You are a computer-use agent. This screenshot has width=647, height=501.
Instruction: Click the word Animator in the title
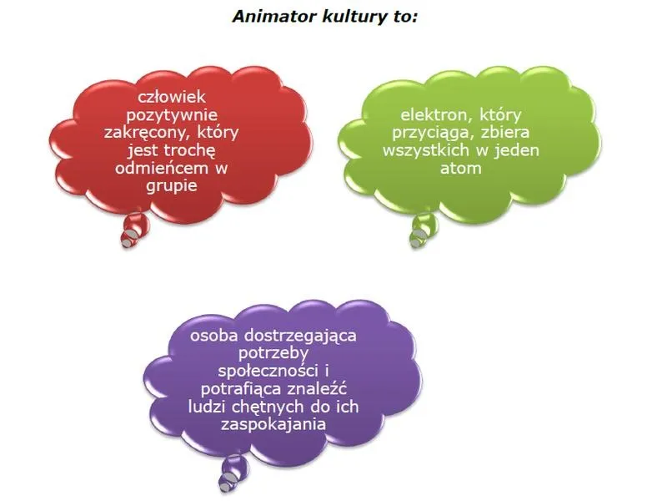(274, 17)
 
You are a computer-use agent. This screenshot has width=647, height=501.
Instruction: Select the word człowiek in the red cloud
(172, 97)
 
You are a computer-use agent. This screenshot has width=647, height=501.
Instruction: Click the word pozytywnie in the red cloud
(172, 115)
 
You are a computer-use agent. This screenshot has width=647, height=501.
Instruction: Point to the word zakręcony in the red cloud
(148, 133)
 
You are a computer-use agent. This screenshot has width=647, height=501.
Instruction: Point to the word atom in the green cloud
(461, 169)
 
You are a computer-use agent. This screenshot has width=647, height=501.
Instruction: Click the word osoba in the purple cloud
(214, 335)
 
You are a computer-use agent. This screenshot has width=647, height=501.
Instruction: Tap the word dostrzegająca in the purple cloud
(300, 337)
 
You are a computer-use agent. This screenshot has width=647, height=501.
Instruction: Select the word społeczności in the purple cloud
(268, 372)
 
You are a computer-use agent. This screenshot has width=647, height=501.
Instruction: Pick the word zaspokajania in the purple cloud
(273, 425)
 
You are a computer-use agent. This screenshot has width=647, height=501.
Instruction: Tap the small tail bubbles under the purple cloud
(233, 474)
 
